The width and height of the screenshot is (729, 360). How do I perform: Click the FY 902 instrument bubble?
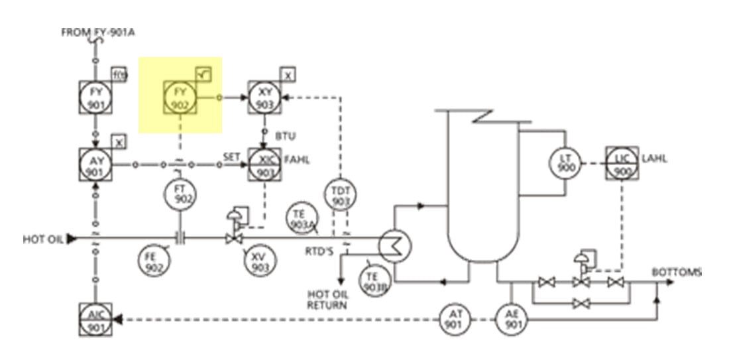[180, 98]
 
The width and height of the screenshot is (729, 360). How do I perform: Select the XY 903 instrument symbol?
[264, 98]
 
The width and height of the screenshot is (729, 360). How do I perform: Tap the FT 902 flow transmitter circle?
[182, 192]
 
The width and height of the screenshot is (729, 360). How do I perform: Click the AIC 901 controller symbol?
[97, 320]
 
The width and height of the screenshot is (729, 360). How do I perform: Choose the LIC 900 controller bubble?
[621, 162]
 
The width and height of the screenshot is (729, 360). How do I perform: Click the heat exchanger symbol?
[396, 247]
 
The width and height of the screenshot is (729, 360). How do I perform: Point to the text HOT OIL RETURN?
[327, 300]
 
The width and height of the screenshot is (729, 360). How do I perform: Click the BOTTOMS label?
[676, 272]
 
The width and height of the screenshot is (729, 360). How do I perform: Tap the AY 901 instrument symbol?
[97, 164]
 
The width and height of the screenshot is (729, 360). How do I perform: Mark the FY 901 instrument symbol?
[97, 98]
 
